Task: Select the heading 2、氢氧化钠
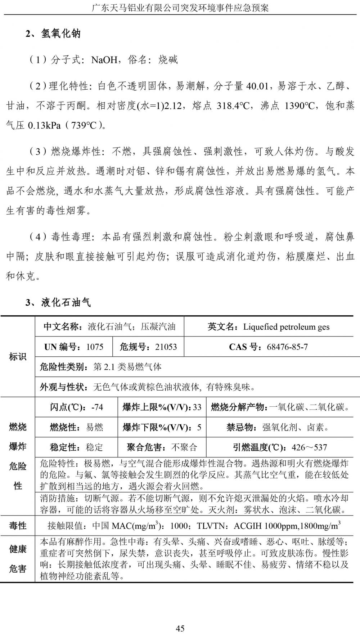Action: coord(53,34)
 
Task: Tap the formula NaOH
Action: coord(104,60)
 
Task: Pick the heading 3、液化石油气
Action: coord(58,302)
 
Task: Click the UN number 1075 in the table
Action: coord(95,347)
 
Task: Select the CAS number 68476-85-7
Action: coord(287,347)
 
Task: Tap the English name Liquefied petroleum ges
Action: coord(286,327)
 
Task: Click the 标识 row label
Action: coord(18,357)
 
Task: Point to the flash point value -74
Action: coord(97,407)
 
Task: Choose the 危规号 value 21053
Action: coord(166,347)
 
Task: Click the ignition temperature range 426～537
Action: coord(309,447)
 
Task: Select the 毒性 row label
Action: coord(18,526)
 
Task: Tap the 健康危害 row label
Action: coord(18,559)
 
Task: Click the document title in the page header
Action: coord(180,8)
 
